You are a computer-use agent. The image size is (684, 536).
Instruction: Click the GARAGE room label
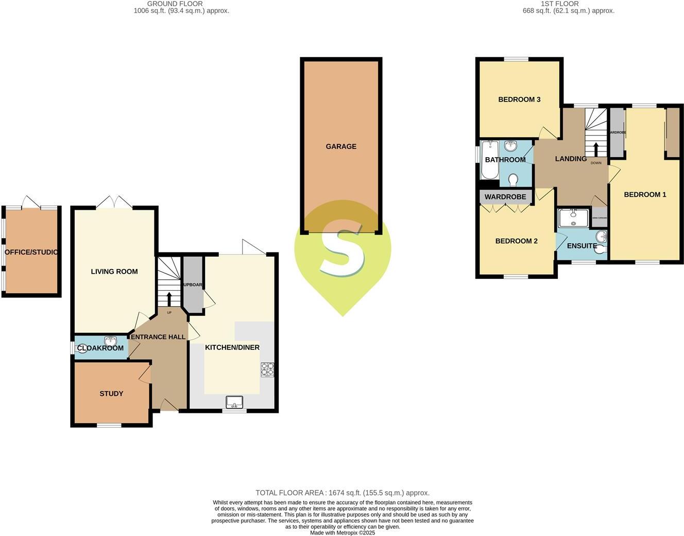click(x=340, y=146)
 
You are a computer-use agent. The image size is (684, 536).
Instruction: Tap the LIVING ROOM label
click(x=114, y=272)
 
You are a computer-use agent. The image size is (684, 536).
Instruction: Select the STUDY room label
click(x=111, y=394)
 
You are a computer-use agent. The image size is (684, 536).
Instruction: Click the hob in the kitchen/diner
click(x=267, y=370)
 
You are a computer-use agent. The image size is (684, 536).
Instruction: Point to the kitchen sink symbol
click(x=234, y=401)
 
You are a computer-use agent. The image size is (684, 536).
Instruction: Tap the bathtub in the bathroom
click(x=490, y=160)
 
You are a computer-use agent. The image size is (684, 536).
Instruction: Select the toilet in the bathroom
click(x=512, y=180)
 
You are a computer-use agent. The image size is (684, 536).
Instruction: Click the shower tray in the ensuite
click(x=573, y=217)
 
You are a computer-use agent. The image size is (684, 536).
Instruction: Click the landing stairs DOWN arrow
click(x=596, y=149)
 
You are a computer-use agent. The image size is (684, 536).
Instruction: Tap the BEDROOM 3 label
click(x=519, y=99)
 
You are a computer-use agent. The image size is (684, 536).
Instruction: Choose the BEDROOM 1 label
click(x=645, y=194)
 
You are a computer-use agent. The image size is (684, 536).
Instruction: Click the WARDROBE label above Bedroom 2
click(x=505, y=197)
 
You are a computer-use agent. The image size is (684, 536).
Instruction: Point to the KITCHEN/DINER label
click(x=232, y=347)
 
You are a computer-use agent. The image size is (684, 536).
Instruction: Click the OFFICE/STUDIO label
click(x=31, y=252)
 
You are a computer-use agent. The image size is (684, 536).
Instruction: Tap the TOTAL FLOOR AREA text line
click(x=343, y=493)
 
